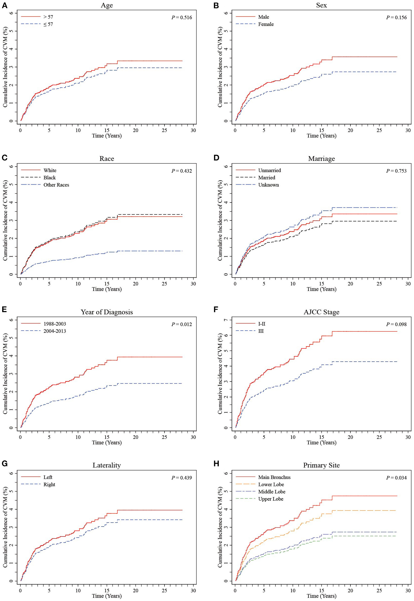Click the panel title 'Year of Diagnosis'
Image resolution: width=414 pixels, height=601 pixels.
(107, 312)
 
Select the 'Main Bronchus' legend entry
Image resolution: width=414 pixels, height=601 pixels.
(274, 477)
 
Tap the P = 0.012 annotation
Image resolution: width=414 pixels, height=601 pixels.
(182, 324)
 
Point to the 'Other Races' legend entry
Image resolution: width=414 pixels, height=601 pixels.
(56, 185)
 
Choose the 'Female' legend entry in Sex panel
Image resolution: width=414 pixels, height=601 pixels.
(266, 24)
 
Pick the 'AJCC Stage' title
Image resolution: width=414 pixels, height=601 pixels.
(321, 312)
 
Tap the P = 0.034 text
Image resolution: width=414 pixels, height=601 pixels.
(396, 478)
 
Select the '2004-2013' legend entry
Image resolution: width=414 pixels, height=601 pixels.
(55, 331)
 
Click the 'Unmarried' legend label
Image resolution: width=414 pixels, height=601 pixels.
(269, 170)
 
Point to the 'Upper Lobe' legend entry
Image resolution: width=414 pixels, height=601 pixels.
(271, 499)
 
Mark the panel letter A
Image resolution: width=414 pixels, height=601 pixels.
(4, 5)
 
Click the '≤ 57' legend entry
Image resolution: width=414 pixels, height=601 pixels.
(48, 24)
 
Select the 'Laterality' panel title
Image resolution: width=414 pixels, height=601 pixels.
(107, 466)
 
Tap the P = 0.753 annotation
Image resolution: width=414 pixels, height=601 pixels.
(396, 171)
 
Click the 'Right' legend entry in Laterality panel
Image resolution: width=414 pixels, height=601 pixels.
(49, 484)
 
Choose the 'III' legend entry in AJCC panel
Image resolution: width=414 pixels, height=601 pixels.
(261, 331)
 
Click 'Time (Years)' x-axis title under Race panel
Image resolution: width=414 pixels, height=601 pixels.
(107, 289)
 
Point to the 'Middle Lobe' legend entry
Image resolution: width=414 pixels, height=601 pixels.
(272, 492)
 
